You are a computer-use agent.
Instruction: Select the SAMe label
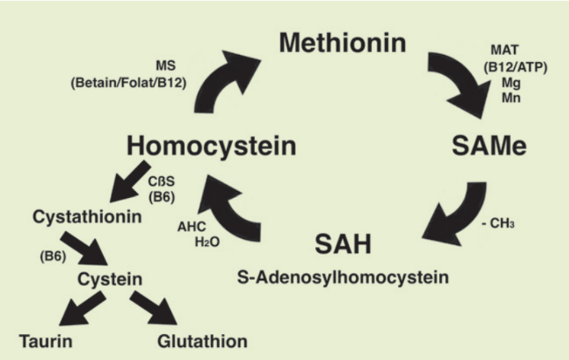489,146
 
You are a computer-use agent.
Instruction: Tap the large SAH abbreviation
342,245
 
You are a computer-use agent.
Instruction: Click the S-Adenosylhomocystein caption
343,276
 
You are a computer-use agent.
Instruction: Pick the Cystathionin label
87,216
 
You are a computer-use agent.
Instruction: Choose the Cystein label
109,280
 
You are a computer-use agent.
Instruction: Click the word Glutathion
202,340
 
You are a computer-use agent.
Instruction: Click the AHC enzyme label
190,228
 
